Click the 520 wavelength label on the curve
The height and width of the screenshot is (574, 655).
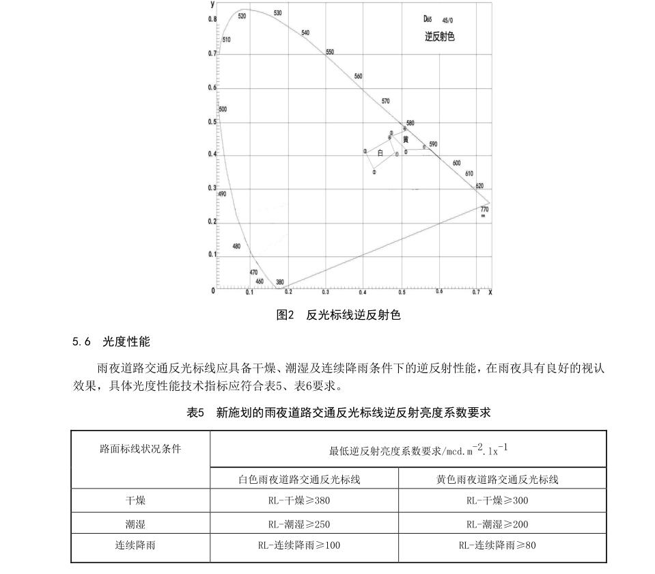242,16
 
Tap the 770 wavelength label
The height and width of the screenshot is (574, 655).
484,209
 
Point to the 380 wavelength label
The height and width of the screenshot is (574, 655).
279,282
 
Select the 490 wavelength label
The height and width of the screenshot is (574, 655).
221,194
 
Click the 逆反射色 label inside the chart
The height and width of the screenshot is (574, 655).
439,37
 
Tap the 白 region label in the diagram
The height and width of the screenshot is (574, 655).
380,152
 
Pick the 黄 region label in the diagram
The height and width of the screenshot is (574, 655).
406,139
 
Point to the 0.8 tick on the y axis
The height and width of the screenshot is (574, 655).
212,19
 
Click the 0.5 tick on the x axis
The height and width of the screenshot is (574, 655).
402,292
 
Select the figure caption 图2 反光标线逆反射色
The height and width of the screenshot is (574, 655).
338,315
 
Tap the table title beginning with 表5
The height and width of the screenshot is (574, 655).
339,413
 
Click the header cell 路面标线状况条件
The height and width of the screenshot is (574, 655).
141,449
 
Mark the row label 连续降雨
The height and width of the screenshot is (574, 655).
139,545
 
